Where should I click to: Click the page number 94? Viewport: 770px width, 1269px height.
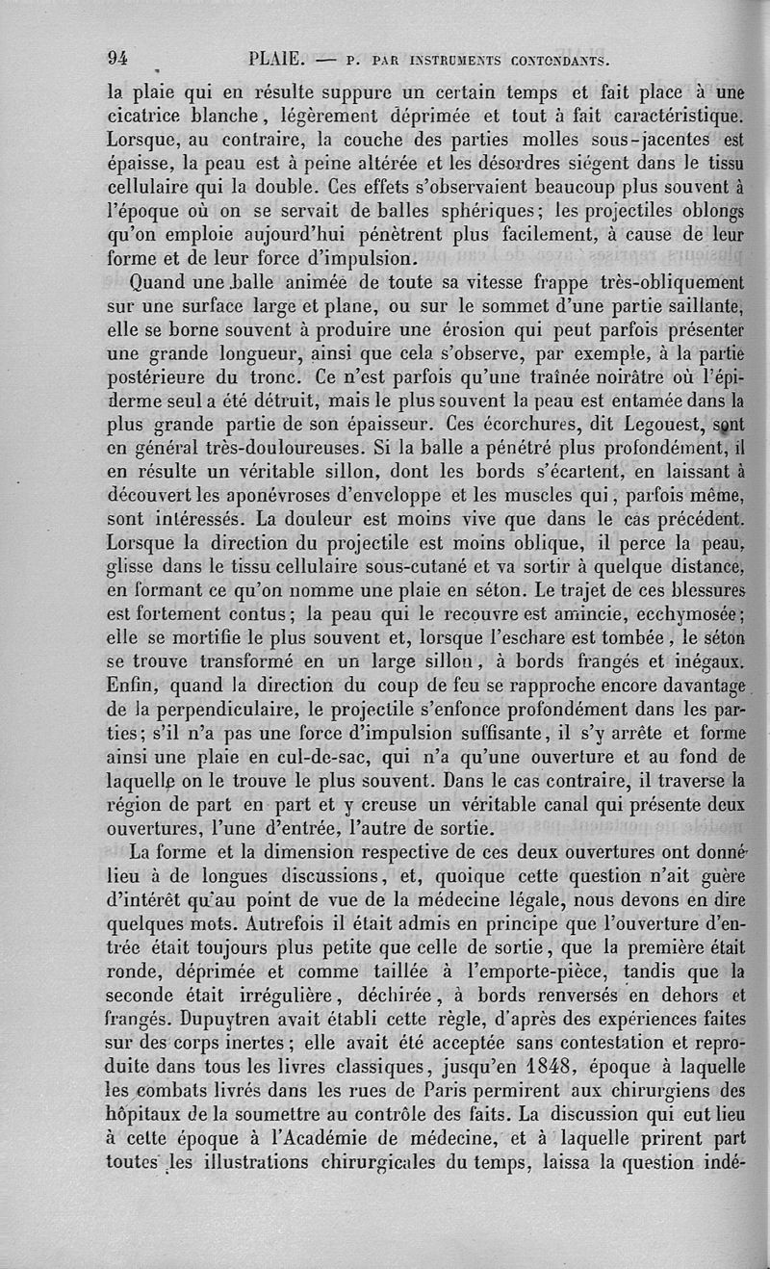pyautogui.click(x=118, y=57)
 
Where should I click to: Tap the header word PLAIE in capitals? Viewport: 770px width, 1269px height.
pyautogui.click(x=276, y=58)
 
